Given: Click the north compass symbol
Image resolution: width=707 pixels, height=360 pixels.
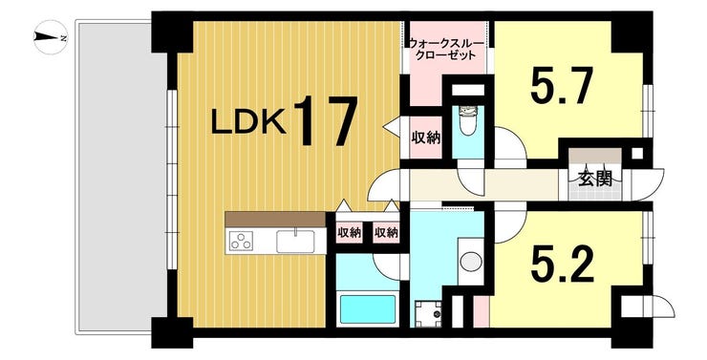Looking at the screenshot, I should coord(48,38).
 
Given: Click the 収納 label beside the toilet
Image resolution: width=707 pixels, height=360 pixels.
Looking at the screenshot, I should coord(425,138).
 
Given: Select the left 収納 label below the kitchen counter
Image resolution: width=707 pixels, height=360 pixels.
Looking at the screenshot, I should coord(349,233).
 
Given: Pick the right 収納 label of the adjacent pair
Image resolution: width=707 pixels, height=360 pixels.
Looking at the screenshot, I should coord(386,233).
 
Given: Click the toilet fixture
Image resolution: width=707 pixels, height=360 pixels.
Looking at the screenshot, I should coord(468,121).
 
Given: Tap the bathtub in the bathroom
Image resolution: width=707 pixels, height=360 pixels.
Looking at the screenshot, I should coord(368,309).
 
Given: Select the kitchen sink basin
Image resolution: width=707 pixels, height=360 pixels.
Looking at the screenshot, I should coord(295,241).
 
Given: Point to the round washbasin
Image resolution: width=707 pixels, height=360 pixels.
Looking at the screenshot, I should coord(470,260).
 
